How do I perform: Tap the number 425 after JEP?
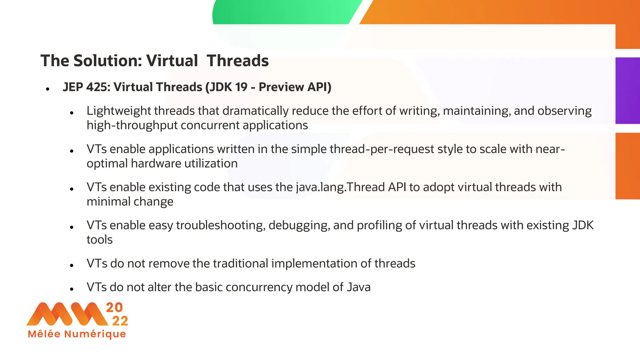click(98, 87)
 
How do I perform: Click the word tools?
click(99, 240)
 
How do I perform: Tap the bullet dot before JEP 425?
click(47, 89)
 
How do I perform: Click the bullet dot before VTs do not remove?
click(72, 266)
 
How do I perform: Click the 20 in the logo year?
click(114, 307)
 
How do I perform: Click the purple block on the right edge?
click(627, 91)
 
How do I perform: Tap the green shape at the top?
click(281, 12)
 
